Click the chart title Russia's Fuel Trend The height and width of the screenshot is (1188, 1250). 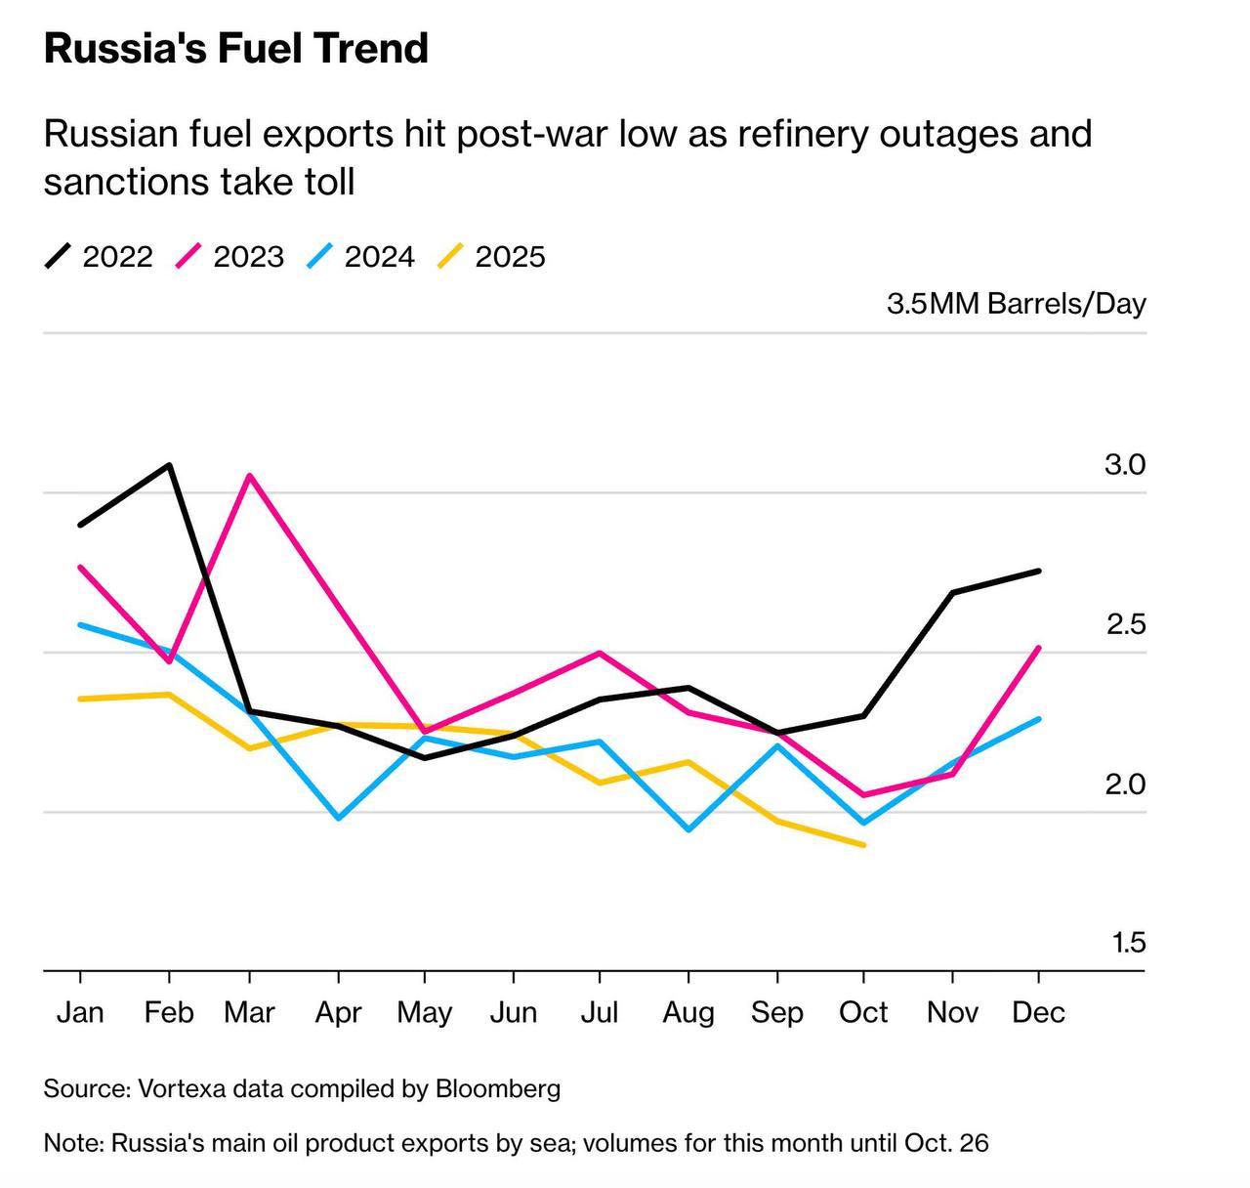tap(236, 49)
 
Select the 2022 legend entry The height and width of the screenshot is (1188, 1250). tap(100, 257)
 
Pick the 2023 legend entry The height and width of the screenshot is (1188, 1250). tap(230, 257)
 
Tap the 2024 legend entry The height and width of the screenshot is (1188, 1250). tap(361, 257)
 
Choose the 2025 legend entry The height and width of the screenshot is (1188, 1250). tap(492, 257)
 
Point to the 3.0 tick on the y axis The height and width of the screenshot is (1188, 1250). tap(1124, 465)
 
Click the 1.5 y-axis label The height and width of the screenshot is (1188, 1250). tap(1127, 944)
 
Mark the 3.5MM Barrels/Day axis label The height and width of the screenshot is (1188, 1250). tap(1016, 304)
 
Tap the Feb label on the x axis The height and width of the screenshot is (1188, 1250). tap(169, 1012)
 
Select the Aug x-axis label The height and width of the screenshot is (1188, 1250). tap(688, 1012)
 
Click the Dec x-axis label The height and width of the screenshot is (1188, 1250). tap(1038, 1012)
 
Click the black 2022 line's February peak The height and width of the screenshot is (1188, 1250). tap(170, 466)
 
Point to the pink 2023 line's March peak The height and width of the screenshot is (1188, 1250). tap(250, 476)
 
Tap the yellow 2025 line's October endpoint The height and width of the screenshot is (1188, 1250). tap(864, 844)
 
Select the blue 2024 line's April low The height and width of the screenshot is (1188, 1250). tap(338, 818)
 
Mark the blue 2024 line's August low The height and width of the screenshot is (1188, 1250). tap(688, 829)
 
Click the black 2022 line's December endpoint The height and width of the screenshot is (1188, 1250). tap(1038, 571)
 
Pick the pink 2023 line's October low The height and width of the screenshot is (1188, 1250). tap(864, 795)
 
